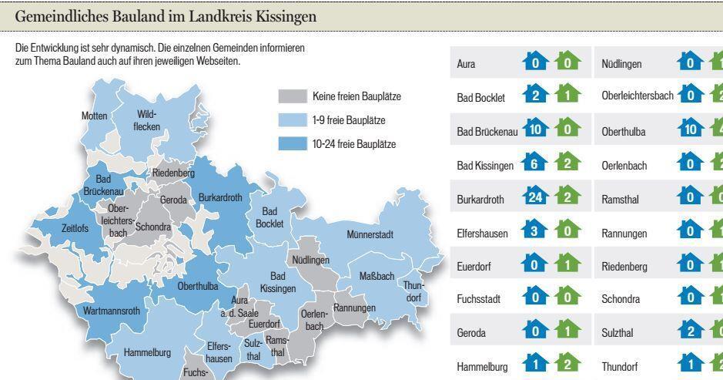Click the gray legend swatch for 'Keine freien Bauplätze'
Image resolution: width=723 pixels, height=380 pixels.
click(x=292, y=97)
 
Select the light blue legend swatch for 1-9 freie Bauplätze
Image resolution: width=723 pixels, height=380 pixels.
click(x=292, y=120)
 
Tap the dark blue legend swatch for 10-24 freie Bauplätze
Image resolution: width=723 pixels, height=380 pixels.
click(x=292, y=144)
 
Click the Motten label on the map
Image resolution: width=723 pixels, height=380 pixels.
click(x=95, y=116)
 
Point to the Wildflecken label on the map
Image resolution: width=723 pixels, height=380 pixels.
click(x=146, y=119)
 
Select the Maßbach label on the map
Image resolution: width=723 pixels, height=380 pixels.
click(x=377, y=276)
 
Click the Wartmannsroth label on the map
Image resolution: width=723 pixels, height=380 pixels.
click(x=112, y=311)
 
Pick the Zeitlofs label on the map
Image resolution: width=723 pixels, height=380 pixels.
click(x=75, y=228)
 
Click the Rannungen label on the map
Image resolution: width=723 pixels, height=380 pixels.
click(x=354, y=308)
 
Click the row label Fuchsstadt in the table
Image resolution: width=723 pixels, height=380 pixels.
click(x=479, y=299)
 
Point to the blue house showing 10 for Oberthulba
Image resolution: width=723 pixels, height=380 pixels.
click(x=690, y=130)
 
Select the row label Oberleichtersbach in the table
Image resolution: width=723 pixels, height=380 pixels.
click(x=637, y=96)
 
